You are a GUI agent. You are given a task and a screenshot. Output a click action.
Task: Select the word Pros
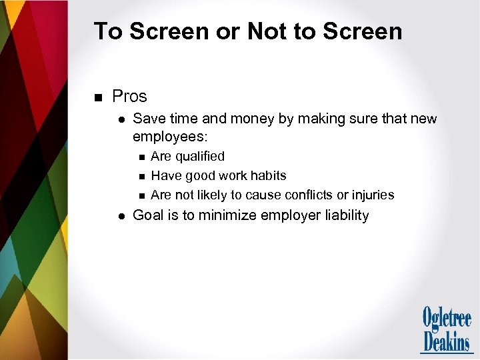point(129,97)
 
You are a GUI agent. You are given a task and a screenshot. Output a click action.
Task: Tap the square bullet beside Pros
point(98,98)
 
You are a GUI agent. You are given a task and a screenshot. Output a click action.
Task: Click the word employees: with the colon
point(170,137)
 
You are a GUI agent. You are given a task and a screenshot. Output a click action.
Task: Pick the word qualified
point(199,156)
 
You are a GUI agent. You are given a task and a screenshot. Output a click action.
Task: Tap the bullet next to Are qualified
point(141,157)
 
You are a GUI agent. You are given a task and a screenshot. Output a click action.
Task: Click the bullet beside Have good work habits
point(141,176)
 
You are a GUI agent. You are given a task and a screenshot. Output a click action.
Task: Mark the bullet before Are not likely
point(141,195)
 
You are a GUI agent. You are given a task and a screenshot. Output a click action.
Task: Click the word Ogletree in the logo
point(447,318)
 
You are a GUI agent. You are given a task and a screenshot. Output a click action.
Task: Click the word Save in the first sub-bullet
point(148,119)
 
